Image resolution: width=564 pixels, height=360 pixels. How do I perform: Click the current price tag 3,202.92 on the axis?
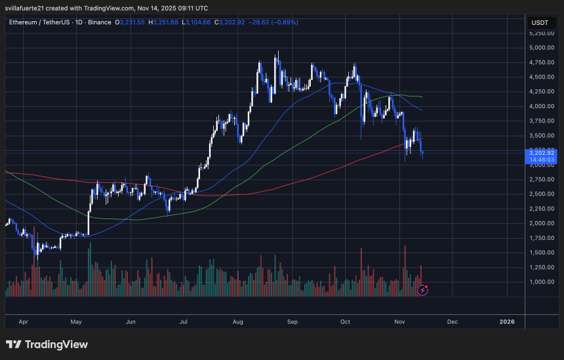coord(542,152)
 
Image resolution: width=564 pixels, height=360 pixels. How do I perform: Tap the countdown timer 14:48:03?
coord(542,159)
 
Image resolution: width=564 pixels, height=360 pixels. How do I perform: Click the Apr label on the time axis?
coord(24,322)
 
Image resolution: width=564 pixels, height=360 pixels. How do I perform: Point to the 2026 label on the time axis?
coord(506,322)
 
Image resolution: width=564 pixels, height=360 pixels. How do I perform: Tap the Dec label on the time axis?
coord(452,322)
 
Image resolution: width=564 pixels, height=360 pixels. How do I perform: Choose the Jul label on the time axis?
coord(184,322)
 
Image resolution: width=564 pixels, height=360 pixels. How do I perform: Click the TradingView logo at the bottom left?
coord(47,344)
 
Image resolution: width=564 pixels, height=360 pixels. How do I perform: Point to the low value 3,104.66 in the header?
coord(195,22)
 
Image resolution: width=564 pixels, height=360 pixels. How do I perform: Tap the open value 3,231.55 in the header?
coord(134,22)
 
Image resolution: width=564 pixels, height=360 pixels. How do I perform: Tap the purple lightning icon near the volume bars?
coord(423,289)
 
